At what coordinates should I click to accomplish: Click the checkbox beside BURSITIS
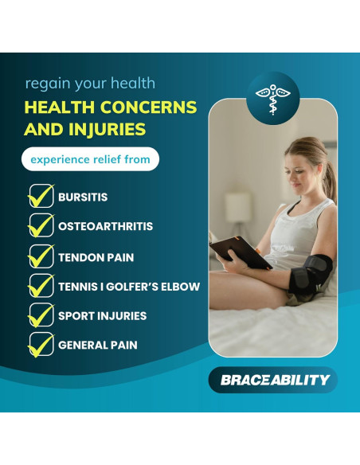click(x=40, y=197)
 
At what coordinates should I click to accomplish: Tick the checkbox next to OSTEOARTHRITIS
click(x=40, y=226)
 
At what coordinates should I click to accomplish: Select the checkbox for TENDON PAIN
click(x=40, y=257)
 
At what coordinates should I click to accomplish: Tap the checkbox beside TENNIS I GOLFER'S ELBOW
click(x=40, y=287)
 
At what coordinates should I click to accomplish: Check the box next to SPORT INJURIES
click(x=40, y=316)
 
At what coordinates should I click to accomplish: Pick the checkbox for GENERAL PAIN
click(x=40, y=346)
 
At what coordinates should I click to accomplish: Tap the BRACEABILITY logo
click(x=272, y=380)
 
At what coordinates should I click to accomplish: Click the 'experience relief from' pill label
click(x=90, y=159)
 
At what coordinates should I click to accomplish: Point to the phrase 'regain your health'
click(x=90, y=83)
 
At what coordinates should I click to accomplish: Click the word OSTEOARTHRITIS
click(x=105, y=227)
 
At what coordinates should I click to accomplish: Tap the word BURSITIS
click(x=83, y=197)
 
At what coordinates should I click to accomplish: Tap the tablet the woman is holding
click(x=231, y=253)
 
